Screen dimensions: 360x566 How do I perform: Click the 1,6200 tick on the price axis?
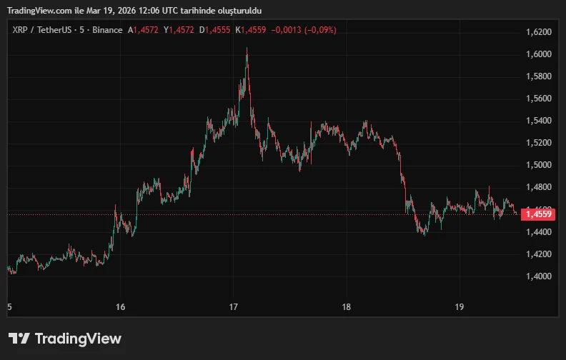tap(538, 32)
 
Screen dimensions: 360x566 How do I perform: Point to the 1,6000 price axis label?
tap(538, 54)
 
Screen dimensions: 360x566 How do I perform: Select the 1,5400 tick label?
tap(538, 121)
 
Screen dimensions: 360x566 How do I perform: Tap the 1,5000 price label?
tap(538, 165)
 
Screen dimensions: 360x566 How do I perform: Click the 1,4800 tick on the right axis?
tap(538, 187)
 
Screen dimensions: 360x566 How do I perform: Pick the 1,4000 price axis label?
tap(538, 276)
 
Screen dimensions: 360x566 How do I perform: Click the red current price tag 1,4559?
tap(537, 214)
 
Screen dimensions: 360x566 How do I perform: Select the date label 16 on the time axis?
tap(120, 307)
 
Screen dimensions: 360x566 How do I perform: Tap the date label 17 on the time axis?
tap(233, 307)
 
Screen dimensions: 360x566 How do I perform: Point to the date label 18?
tap(346, 307)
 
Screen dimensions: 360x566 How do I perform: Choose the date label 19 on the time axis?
tap(460, 307)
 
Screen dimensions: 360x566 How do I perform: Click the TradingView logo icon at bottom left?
tap(19, 339)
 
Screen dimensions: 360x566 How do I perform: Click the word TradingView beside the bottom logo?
tap(78, 339)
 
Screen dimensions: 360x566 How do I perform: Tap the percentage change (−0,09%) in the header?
tap(320, 30)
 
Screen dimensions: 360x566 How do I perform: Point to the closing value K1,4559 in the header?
tap(251, 30)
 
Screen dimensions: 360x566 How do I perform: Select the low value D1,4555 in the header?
tap(214, 30)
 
